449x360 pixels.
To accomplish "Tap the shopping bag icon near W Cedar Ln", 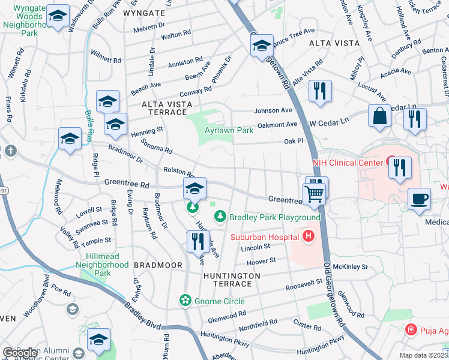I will (x=381, y=116).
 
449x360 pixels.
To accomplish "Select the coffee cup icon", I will (x=419, y=199).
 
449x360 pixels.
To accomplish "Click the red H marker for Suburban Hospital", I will (x=309, y=236).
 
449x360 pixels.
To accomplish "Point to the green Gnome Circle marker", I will (x=185, y=300).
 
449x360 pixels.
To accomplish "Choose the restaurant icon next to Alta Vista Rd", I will (x=319, y=92).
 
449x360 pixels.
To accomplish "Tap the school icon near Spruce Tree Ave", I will (x=262, y=46).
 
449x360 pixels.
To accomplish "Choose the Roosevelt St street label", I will (x=304, y=287).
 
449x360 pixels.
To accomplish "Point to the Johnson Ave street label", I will (x=273, y=110).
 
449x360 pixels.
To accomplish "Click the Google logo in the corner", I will (x=21, y=353).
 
